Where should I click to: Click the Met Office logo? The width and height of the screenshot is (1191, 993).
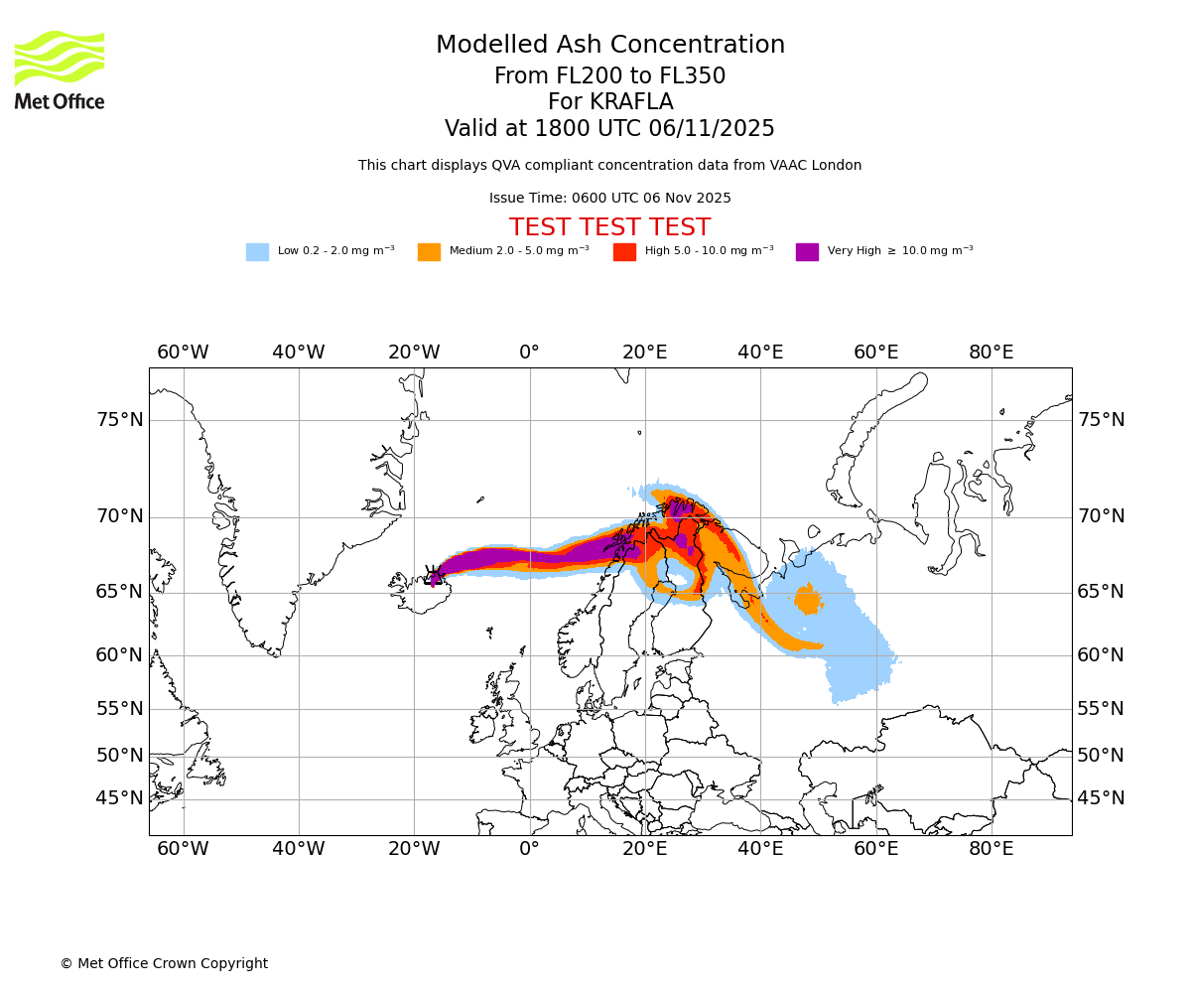60,70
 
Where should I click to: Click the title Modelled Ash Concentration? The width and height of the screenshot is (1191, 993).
610,46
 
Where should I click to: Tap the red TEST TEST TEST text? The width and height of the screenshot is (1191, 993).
609,227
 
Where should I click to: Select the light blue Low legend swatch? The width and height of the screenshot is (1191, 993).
257,252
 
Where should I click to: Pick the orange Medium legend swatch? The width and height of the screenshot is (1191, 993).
429,252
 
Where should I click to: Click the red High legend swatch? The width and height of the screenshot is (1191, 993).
624,252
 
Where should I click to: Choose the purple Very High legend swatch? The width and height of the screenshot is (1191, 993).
807,252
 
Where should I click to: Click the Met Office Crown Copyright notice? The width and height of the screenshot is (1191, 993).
164,963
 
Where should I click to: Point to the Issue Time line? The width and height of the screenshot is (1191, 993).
609,198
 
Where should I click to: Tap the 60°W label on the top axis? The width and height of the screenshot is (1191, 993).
183,353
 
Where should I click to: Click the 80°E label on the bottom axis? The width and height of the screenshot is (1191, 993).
991,849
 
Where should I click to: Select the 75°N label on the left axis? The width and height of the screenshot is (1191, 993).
120,420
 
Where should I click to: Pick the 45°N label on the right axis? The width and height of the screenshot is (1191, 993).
1101,798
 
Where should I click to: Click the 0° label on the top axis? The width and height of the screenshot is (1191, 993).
529,353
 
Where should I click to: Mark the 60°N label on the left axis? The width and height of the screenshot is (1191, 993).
120,655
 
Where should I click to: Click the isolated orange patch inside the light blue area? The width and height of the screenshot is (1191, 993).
808,599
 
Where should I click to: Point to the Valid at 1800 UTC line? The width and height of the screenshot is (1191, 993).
609,129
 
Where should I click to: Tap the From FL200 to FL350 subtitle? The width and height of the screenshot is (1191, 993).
609,76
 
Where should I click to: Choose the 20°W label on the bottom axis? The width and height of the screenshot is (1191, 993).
414,849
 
